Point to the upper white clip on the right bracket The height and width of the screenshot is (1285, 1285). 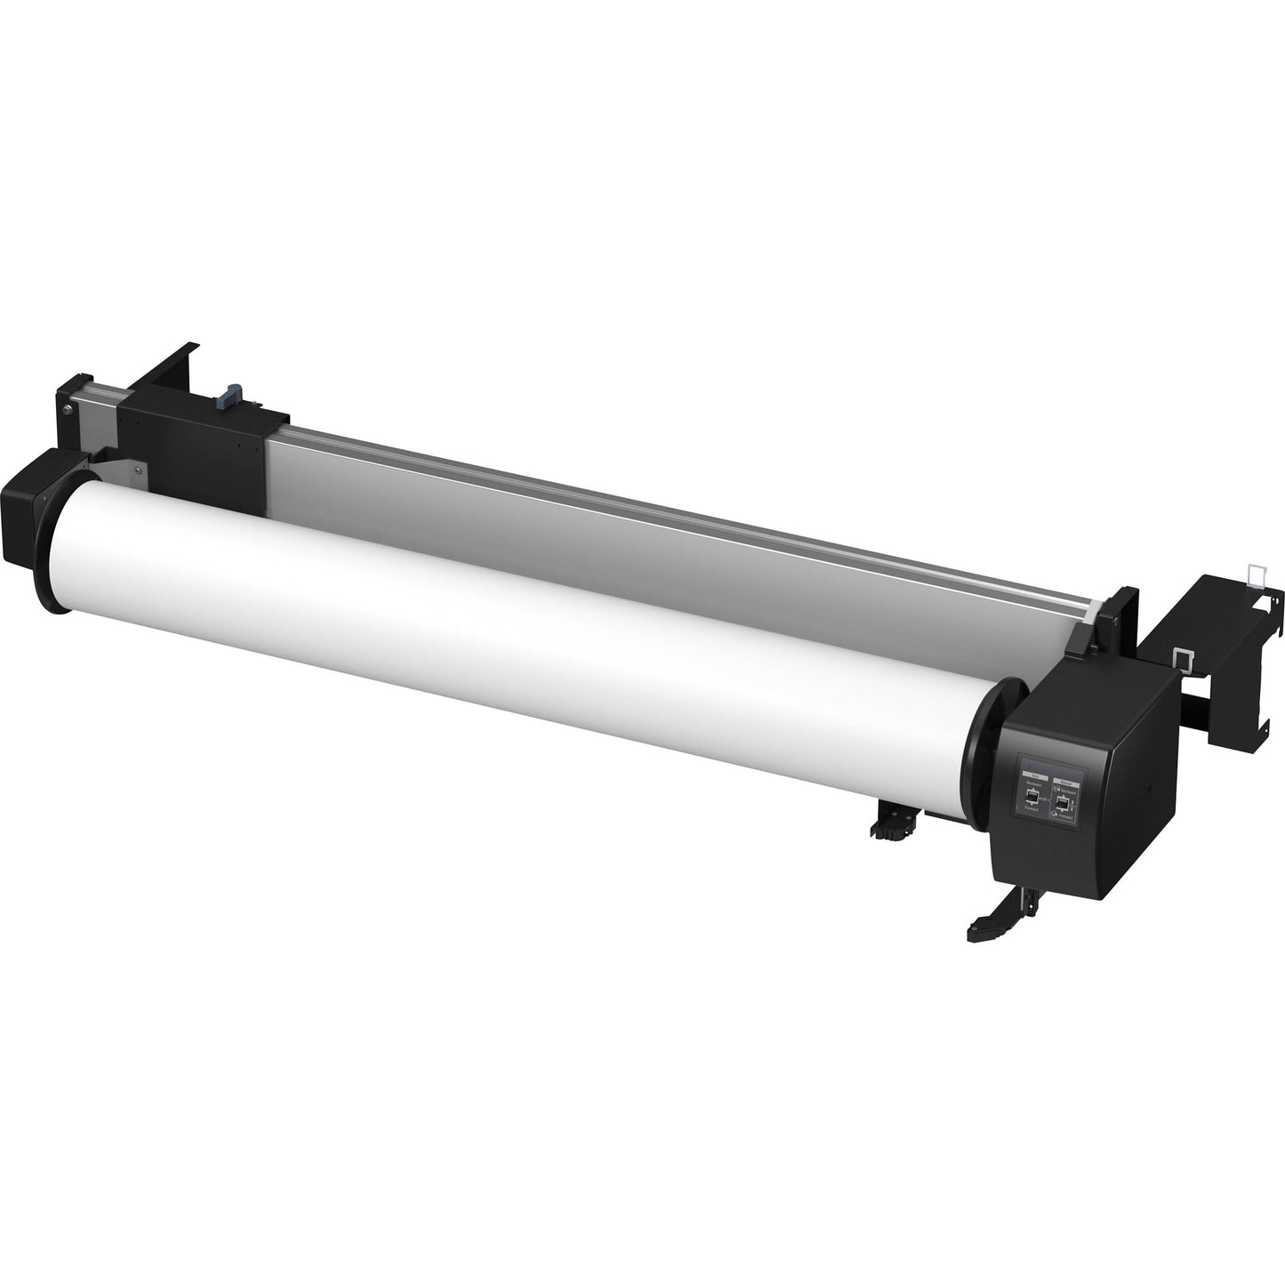(x=1256, y=574)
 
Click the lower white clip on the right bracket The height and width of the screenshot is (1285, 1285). (x=1185, y=658)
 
